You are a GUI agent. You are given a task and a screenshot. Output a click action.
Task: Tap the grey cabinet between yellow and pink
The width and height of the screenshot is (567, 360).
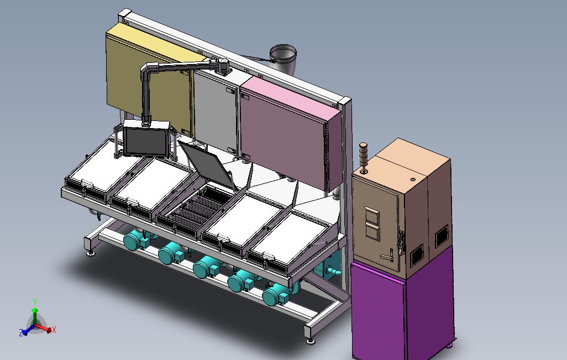click(216, 112)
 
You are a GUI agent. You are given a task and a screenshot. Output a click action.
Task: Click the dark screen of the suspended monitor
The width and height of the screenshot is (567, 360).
click(145, 141)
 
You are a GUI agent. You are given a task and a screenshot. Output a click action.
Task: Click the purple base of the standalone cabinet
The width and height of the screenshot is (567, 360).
click(401, 311)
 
